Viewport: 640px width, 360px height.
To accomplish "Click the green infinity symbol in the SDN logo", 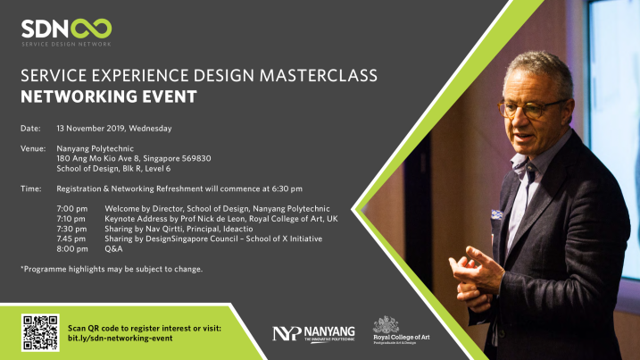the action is [91, 29].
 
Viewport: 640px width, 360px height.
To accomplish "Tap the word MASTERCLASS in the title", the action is [319, 76].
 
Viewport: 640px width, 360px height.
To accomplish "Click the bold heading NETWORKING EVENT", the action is [109, 96].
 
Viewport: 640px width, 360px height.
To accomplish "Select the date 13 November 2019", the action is [91, 129].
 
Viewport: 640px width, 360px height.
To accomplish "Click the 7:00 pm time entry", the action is [71, 209].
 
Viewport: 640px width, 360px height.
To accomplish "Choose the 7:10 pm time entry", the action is [71, 219].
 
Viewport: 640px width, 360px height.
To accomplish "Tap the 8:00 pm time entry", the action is [72, 249].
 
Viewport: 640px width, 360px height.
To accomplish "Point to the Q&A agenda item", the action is [113, 249].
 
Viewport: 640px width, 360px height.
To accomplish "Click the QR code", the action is [40, 332].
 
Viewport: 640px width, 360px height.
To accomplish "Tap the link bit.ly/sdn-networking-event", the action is [120, 339].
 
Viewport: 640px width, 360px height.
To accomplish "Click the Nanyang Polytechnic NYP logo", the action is [313, 334].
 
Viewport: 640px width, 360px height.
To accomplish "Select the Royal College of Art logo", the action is [401, 331].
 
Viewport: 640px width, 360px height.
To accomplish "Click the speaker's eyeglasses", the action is [529, 109].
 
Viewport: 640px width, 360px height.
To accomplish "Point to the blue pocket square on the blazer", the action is [496, 214].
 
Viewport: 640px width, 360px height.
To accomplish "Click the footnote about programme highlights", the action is [112, 269].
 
